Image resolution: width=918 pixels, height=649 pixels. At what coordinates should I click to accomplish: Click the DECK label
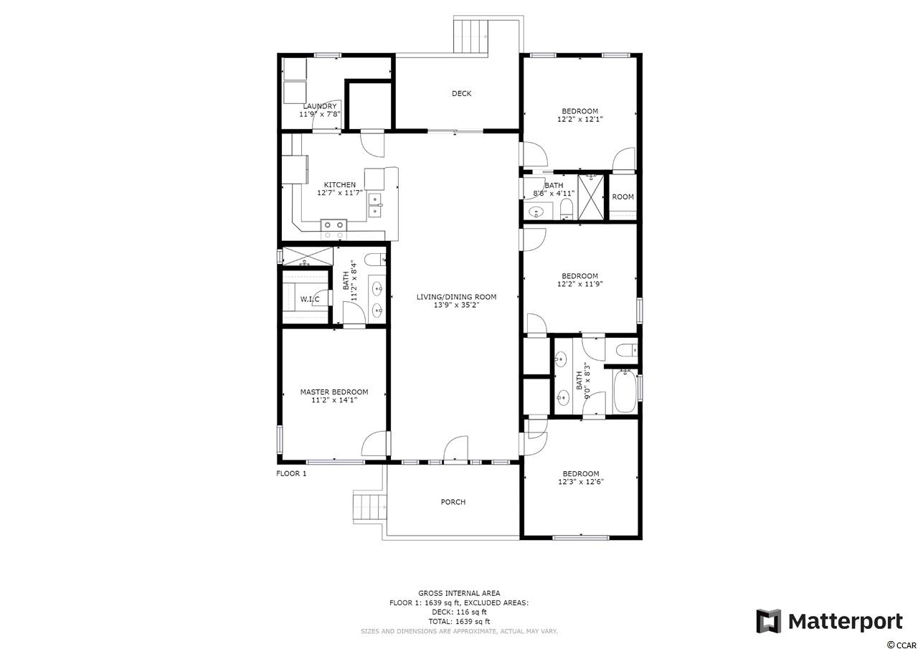[x=461, y=93]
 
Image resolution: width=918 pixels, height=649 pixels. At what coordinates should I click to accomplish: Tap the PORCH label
[x=453, y=502]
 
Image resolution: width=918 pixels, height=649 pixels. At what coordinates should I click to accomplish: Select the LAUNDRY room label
[x=320, y=106]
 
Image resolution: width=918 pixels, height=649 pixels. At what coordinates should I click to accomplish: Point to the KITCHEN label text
[x=340, y=185]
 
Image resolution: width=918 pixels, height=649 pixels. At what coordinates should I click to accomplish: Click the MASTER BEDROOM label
[x=334, y=392]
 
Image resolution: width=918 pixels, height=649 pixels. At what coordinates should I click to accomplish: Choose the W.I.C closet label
[x=309, y=300]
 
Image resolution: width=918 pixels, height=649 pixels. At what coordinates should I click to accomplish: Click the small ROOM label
[x=623, y=197]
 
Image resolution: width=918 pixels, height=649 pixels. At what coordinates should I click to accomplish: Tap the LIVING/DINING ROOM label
[x=456, y=297]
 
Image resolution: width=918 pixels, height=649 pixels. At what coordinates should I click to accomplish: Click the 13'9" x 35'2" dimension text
[x=456, y=305]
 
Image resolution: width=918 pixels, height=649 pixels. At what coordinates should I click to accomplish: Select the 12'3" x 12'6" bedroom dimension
[x=580, y=482]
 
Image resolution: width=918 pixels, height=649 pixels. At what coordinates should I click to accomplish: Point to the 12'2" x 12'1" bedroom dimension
[x=579, y=120]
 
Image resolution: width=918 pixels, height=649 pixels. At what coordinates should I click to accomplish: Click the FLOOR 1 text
[x=291, y=473]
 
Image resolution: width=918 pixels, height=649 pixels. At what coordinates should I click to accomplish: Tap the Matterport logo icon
[x=768, y=622]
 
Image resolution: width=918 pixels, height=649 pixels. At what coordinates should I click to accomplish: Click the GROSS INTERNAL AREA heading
[x=459, y=593]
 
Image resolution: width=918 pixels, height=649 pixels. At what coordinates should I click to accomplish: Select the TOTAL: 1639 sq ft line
[x=459, y=622]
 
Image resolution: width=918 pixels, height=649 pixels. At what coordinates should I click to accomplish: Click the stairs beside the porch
[x=370, y=507]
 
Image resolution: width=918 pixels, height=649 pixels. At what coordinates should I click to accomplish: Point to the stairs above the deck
[x=471, y=35]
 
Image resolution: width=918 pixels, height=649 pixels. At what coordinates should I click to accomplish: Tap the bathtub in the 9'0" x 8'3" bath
[x=625, y=392]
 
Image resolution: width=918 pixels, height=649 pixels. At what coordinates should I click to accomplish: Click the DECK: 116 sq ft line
[x=459, y=612]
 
